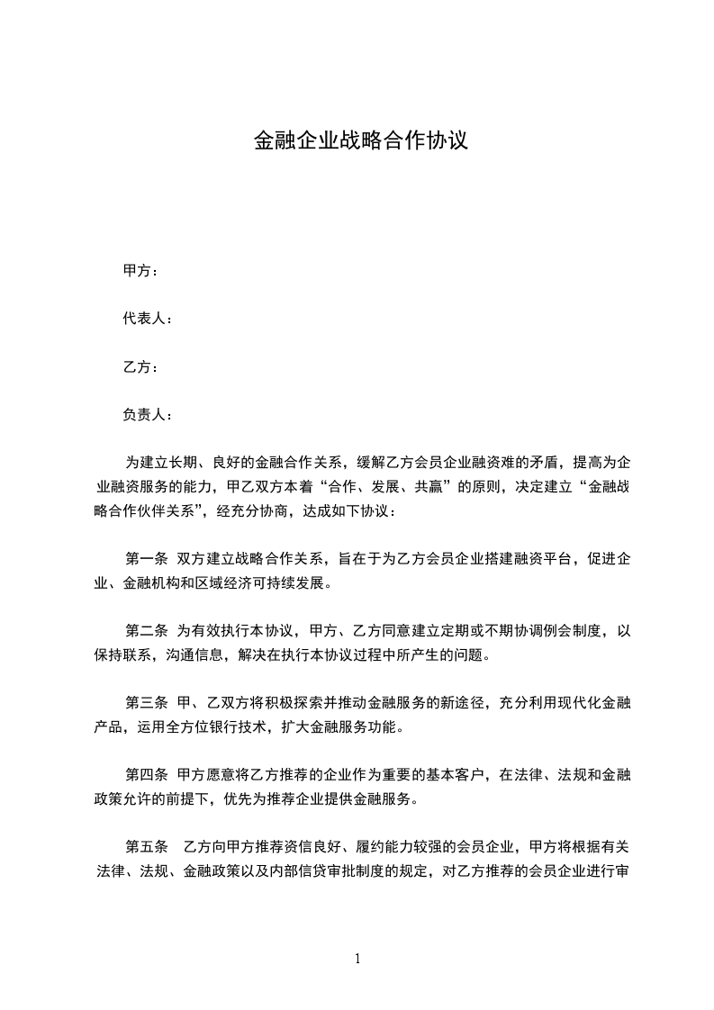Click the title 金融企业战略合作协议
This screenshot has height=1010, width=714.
click(360, 141)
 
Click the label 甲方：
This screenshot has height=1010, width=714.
click(140, 271)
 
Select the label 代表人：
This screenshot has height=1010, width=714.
click(148, 319)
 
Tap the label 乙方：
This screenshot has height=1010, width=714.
click(140, 367)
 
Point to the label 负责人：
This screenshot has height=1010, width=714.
click(148, 415)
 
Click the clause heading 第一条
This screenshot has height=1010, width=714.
click(146, 559)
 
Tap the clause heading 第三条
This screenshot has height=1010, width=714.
click(146, 703)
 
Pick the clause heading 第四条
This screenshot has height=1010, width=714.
click(146, 775)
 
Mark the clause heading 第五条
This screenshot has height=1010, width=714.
click(146, 847)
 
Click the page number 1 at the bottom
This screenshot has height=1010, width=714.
click(357, 960)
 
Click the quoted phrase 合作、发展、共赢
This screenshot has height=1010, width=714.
click(384, 487)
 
